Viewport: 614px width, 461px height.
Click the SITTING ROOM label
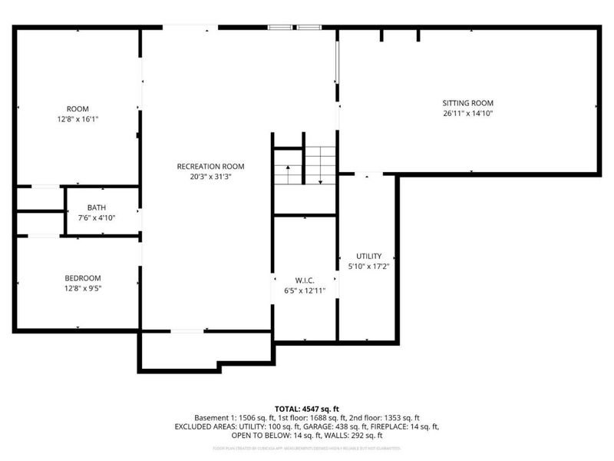467,103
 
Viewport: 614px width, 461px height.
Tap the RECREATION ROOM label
210,167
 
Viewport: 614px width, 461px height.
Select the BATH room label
96,207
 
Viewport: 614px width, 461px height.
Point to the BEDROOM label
82,278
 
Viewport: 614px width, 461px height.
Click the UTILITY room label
368,256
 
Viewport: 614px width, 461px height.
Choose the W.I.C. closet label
305,280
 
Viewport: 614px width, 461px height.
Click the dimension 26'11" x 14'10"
467,114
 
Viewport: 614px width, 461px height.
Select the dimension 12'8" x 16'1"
78,119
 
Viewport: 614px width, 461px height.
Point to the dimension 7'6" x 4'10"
96,217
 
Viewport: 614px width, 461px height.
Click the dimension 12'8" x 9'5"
82,289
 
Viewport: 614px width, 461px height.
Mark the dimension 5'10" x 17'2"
368,267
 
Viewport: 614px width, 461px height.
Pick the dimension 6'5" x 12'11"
305,290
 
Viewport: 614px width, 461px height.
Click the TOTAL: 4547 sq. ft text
307,408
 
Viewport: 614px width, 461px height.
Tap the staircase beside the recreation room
305,165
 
